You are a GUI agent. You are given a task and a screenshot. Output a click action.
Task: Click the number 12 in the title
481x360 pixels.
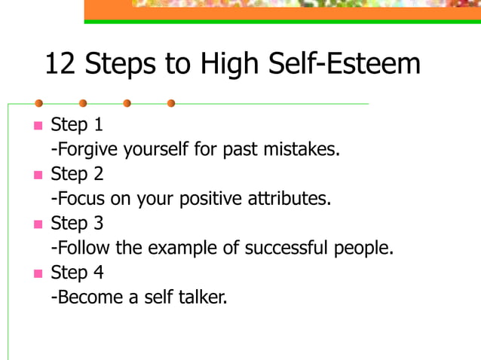(60, 64)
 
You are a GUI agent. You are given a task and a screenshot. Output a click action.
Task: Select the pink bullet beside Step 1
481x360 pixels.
(38, 125)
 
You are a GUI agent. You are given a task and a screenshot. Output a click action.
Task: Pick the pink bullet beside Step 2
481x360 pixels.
(38, 175)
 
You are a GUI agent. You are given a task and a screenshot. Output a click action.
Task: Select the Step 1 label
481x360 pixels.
(77, 125)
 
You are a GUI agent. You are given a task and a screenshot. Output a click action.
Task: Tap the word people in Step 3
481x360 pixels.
(364, 249)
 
